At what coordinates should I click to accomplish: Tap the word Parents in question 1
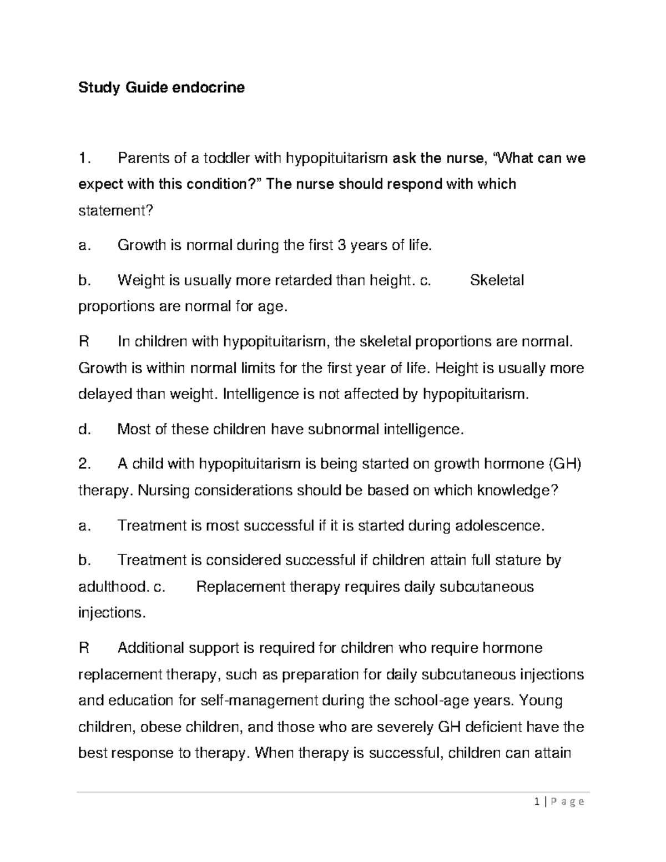(x=143, y=159)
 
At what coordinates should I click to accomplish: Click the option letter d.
(x=84, y=429)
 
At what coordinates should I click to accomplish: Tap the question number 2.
(x=84, y=464)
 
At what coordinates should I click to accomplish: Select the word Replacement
(x=241, y=587)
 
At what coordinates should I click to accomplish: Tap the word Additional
(x=150, y=648)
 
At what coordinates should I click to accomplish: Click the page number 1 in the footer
(x=537, y=802)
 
